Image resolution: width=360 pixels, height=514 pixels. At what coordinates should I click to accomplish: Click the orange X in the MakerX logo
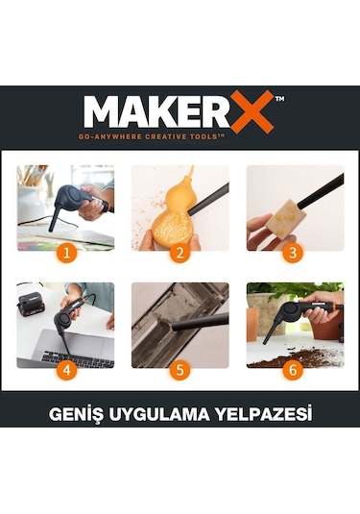click(252, 111)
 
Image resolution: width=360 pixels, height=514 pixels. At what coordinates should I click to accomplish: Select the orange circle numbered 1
click(64, 254)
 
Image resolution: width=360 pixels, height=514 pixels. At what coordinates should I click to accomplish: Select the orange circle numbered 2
click(180, 254)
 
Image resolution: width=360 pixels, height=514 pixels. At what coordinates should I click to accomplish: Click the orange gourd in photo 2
click(170, 216)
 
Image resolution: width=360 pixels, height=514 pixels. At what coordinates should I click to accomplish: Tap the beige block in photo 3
click(282, 218)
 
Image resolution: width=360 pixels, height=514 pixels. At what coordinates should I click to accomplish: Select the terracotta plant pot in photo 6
click(326, 322)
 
